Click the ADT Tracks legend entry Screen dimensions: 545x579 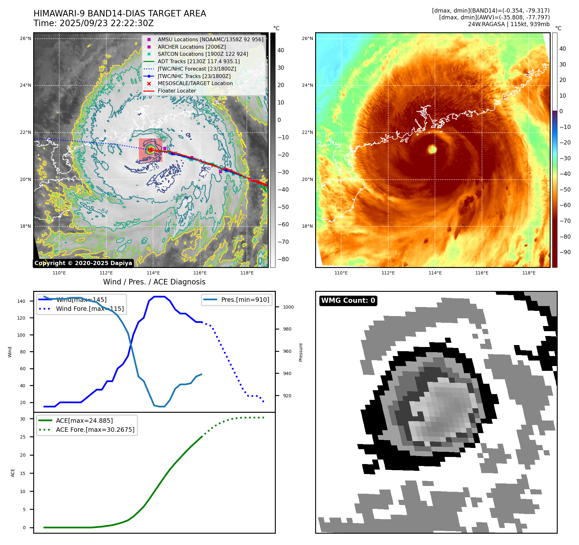198,61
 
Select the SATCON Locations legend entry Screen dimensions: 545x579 203,54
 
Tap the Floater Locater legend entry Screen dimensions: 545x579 177,91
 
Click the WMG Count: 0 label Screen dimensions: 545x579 348,301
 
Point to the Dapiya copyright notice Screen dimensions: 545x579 83,263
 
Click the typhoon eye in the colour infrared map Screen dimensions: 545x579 432,149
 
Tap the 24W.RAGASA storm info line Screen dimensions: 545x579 509,24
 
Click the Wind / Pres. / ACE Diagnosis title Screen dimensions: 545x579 154,282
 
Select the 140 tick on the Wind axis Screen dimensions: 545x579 21,301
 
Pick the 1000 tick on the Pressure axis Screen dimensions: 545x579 288,307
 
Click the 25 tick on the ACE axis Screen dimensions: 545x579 23,437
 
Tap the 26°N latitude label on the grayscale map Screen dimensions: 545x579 25,39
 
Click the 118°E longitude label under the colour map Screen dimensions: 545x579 529,273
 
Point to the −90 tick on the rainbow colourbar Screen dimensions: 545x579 565,252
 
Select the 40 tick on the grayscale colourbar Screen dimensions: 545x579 281,50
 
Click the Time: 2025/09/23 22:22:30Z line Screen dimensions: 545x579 93,24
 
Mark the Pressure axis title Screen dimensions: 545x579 301,352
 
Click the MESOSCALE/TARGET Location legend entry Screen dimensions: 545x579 195,84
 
